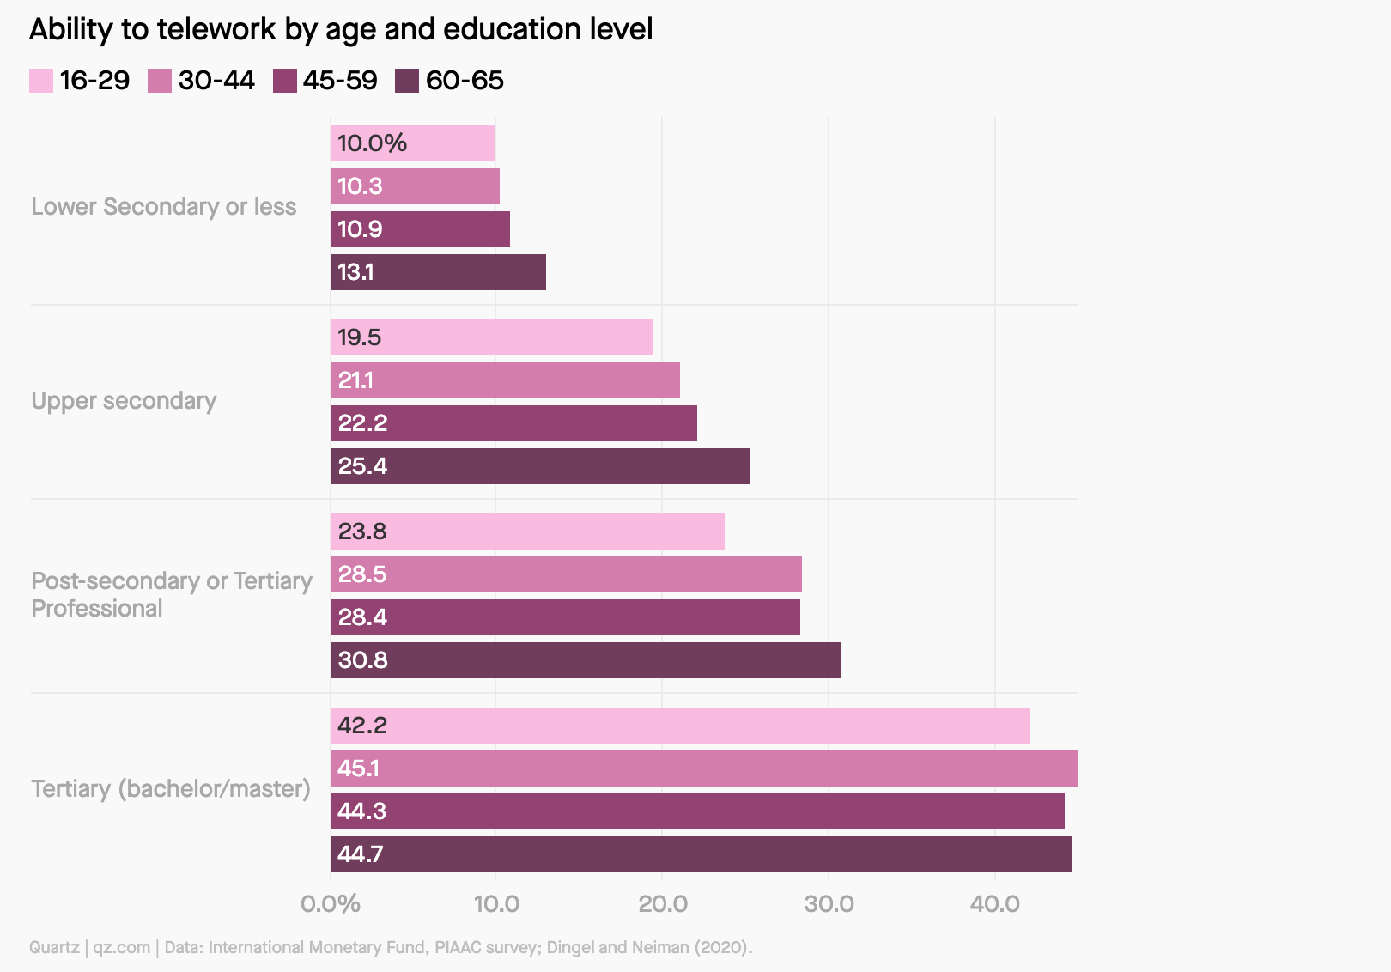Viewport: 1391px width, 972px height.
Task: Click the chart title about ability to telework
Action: pyautogui.click(x=341, y=30)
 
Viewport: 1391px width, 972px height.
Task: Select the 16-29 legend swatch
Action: pyautogui.click(x=41, y=81)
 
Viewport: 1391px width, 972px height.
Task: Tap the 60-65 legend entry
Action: pyautogui.click(x=450, y=81)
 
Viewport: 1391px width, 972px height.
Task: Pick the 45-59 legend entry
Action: pyautogui.click(x=325, y=81)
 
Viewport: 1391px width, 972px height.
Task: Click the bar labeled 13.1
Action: pyautogui.click(x=438, y=272)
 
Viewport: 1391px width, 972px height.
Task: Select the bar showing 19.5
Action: pyautogui.click(x=491, y=337)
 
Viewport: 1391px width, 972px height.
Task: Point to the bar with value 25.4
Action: pyautogui.click(x=540, y=466)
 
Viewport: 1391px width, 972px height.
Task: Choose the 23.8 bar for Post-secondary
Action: pyautogui.click(x=527, y=532)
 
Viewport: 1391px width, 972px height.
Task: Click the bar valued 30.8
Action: pyautogui.click(x=586, y=660)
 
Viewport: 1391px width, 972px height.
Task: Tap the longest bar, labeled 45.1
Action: pyautogui.click(x=704, y=768)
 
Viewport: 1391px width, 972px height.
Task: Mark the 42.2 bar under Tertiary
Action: pyautogui.click(x=680, y=726)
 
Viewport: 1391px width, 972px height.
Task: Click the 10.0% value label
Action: pyautogui.click(x=372, y=143)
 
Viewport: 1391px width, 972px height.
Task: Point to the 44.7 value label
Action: pyautogui.click(x=361, y=854)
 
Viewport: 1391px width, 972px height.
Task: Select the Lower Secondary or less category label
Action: pyautogui.click(x=163, y=207)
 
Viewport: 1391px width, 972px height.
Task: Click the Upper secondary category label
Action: pyautogui.click(x=124, y=401)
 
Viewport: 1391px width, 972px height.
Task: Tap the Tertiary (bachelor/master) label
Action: pyautogui.click(x=170, y=789)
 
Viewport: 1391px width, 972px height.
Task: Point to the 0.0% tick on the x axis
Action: pyautogui.click(x=331, y=904)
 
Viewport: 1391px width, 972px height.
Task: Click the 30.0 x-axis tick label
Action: pyautogui.click(x=828, y=904)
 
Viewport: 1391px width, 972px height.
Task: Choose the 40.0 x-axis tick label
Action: pyautogui.click(x=994, y=904)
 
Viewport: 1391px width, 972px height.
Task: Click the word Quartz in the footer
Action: pyautogui.click(x=54, y=948)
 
